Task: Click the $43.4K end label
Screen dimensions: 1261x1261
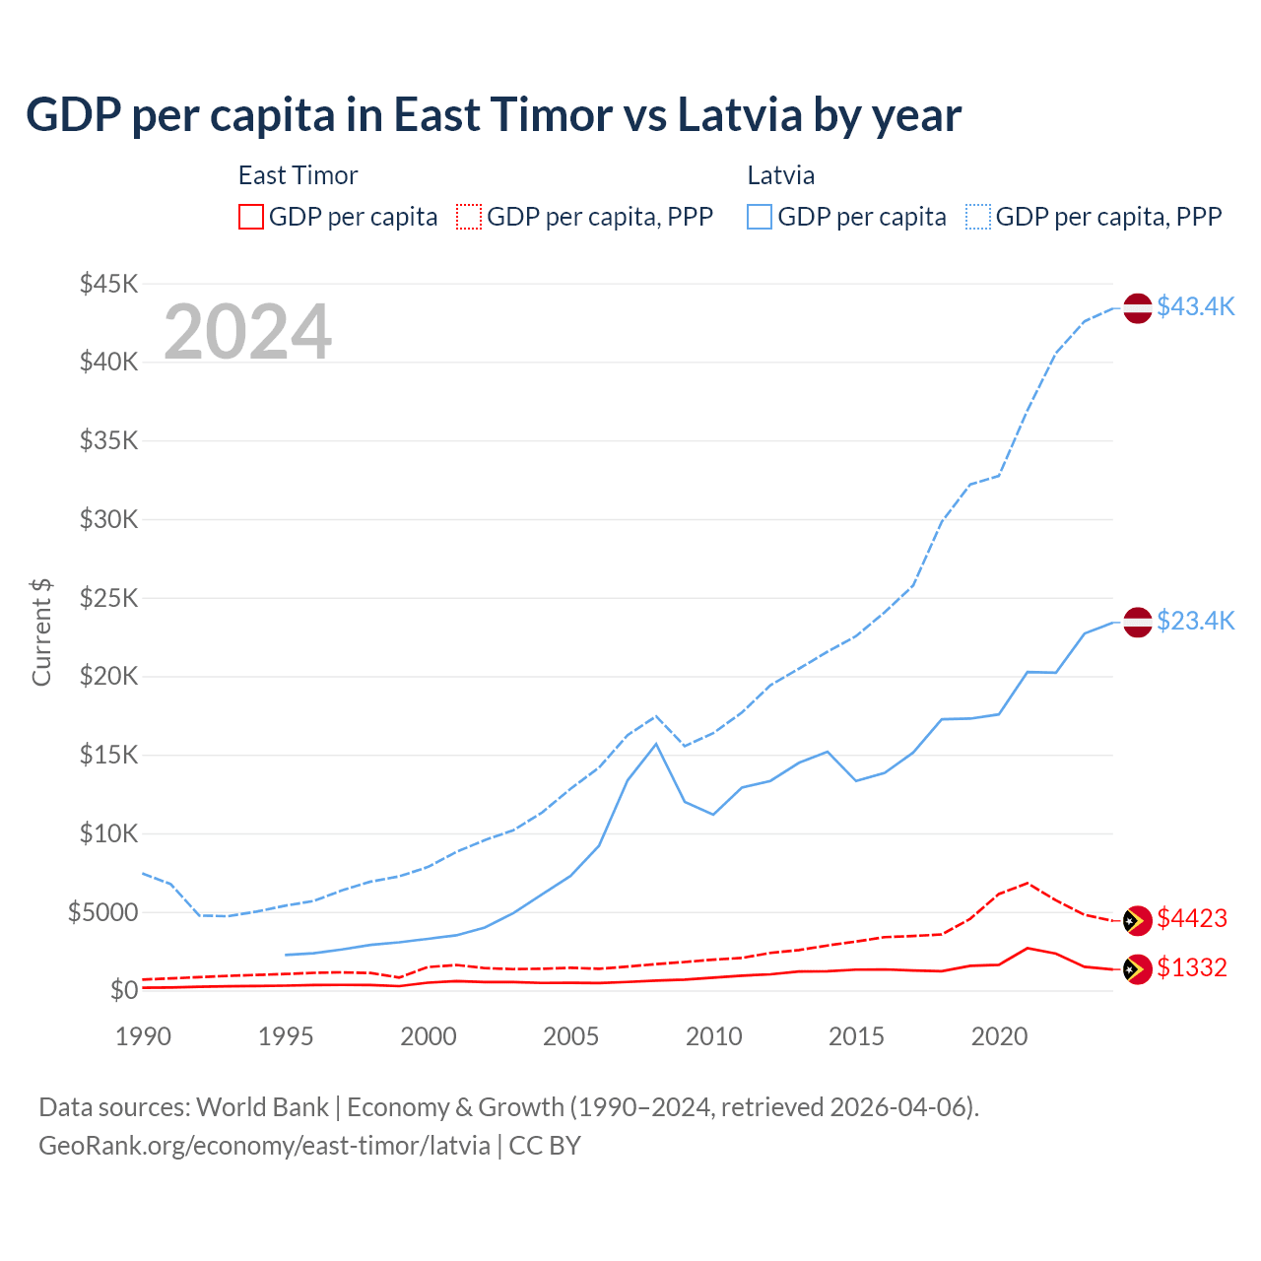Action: point(1195,306)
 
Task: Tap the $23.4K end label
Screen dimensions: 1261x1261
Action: point(1195,621)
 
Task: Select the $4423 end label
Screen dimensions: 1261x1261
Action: point(1192,918)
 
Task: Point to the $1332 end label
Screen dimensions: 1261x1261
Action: point(1192,967)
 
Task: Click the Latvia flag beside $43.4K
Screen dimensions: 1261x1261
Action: point(1138,307)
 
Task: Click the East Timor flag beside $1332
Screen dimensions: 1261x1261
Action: point(1138,969)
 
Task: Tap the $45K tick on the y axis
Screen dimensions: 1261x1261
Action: point(109,284)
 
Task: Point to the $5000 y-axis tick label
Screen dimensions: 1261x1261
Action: point(103,912)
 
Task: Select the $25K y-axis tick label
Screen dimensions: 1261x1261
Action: point(109,598)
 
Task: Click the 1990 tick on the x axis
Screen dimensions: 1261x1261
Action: point(143,1036)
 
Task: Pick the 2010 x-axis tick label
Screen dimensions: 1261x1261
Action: point(714,1036)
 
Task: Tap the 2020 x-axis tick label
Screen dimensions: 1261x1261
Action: point(999,1036)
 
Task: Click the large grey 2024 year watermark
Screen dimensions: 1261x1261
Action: point(248,332)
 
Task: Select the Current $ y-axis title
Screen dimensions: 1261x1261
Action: point(41,632)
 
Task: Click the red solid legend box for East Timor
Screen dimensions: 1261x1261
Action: point(251,217)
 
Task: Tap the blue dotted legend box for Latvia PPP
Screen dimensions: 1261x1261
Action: point(978,217)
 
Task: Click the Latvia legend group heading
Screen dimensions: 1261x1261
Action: point(781,175)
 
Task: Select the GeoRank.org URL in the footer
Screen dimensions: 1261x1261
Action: point(264,1146)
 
